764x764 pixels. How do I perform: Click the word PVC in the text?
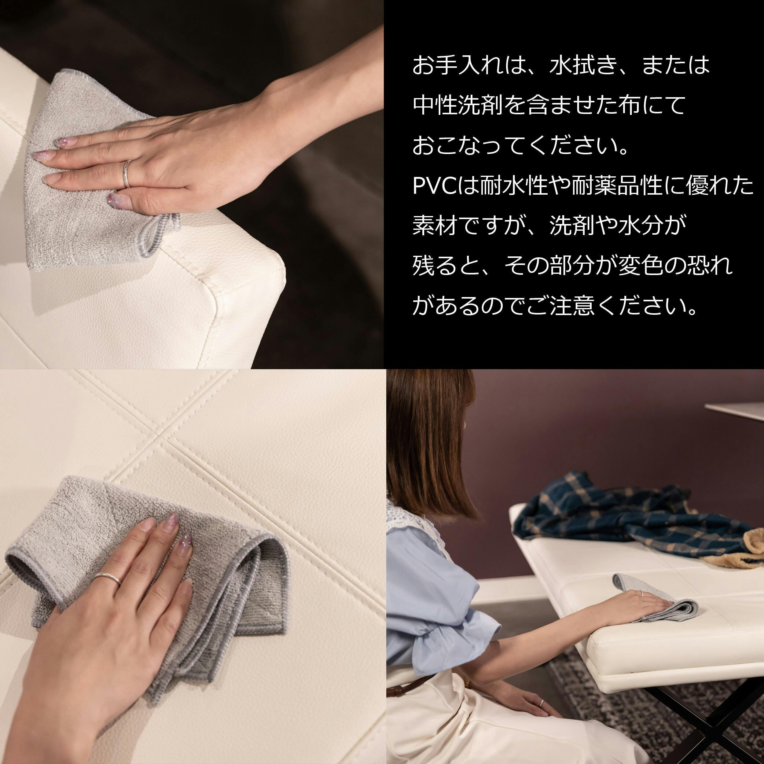[434, 186]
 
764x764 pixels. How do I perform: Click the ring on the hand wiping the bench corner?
[127, 174]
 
